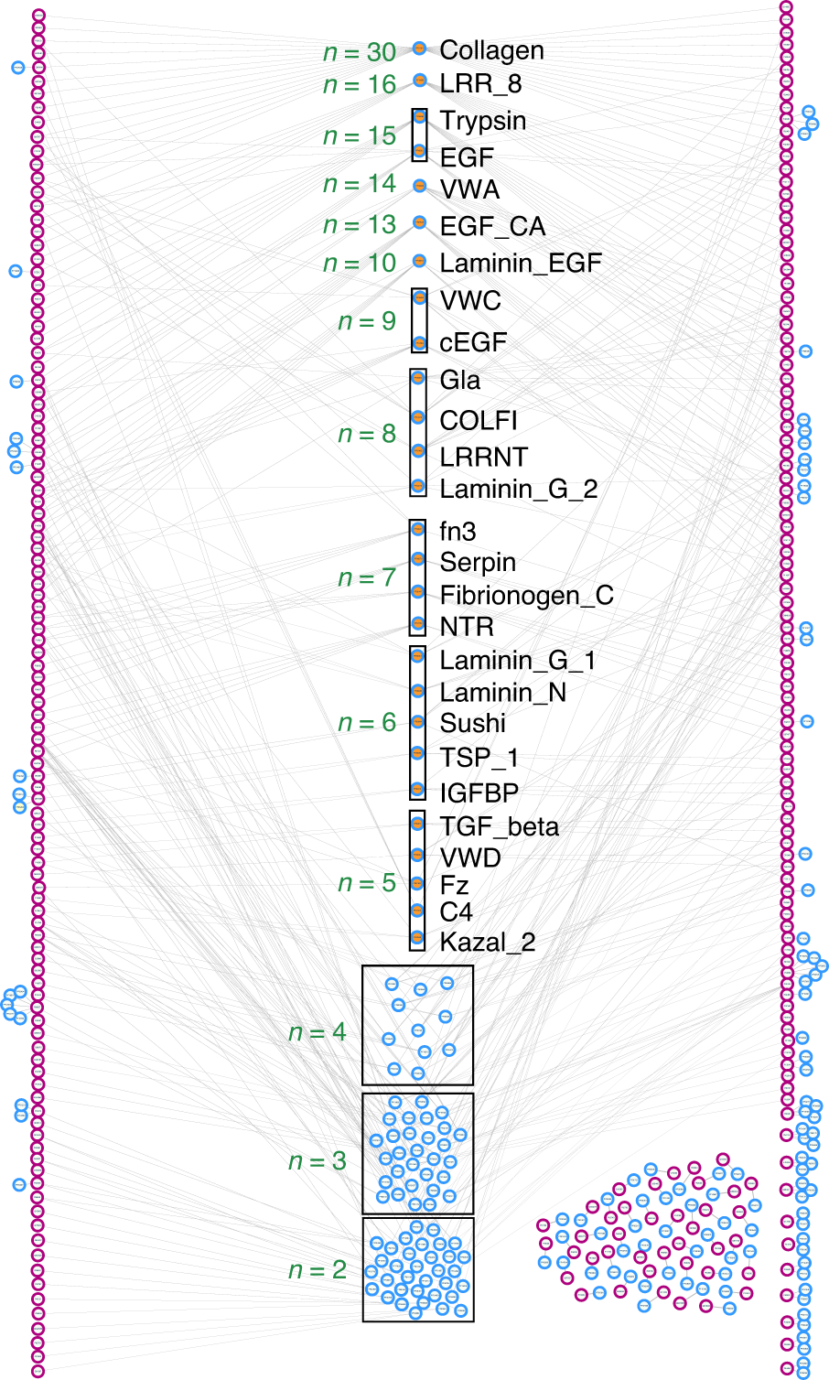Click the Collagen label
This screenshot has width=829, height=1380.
(491, 50)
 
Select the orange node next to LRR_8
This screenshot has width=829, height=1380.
(420, 81)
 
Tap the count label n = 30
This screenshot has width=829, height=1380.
(360, 52)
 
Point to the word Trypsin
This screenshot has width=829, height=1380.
(482, 121)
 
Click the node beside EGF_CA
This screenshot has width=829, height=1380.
(420, 222)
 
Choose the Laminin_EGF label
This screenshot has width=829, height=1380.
(520, 264)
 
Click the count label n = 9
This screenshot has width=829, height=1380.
(367, 321)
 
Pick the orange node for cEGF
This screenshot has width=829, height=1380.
(419, 343)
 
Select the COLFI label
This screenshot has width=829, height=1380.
(478, 420)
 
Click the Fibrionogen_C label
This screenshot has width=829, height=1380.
(526, 595)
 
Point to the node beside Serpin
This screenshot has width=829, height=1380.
(418, 559)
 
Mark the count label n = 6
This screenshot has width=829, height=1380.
(367, 722)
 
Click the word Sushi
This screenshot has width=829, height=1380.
(472, 723)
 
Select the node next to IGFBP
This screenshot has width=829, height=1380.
(418, 788)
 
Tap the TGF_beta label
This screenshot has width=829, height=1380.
(499, 826)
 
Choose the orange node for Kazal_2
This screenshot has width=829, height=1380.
(417, 938)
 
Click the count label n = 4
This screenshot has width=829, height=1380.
(318, 1032)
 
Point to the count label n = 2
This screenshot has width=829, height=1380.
(318, 1270)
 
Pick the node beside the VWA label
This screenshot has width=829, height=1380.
(420, 186)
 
